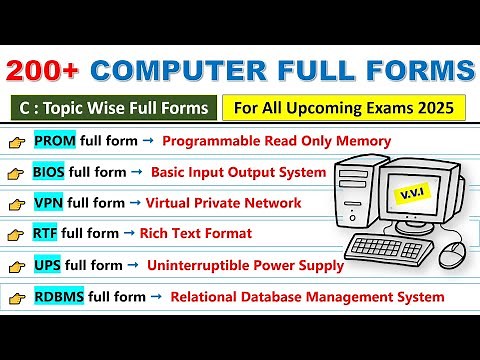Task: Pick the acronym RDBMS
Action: tap(59, 296)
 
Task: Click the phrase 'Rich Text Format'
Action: tap(195, 234)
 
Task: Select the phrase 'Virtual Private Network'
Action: tap(223, 203)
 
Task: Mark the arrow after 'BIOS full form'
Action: tap(135, 171)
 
